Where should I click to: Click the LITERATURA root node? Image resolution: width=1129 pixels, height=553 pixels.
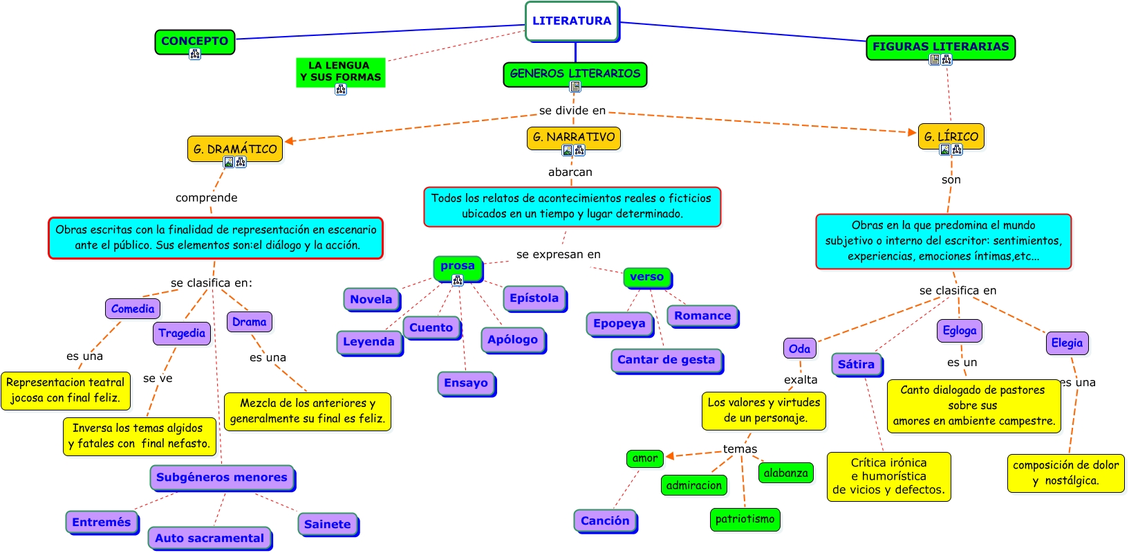572,21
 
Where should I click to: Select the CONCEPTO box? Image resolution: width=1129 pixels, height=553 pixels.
194,42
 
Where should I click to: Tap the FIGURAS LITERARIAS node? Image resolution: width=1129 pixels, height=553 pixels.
940,47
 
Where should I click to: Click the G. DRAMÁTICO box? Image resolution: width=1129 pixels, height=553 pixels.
235,149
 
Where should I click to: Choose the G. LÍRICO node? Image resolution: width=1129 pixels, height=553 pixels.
951,136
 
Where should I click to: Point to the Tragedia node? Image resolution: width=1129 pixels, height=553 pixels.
182,334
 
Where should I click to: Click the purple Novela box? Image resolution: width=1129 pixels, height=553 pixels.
371,300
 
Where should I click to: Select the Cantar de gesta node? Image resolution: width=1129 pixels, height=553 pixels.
666,361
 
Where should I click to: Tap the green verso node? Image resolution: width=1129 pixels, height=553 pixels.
647,277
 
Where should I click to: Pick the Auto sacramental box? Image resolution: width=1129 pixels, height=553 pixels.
209,538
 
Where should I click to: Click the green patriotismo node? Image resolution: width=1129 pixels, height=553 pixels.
745,520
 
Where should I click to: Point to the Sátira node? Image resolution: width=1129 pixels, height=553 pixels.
857,364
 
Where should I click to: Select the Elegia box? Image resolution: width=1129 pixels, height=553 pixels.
1067,343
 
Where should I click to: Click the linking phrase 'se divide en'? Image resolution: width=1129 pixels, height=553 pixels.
572,111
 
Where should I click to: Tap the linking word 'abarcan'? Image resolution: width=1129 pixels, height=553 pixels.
570,172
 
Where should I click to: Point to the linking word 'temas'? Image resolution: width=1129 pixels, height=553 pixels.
740,449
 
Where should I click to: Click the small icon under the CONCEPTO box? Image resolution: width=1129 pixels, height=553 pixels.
195,54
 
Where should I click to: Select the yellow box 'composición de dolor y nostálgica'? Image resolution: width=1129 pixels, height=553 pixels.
1066,473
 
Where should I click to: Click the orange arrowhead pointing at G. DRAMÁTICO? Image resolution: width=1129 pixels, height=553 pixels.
289,140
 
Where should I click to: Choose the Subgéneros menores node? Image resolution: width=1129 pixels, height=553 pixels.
222,478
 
